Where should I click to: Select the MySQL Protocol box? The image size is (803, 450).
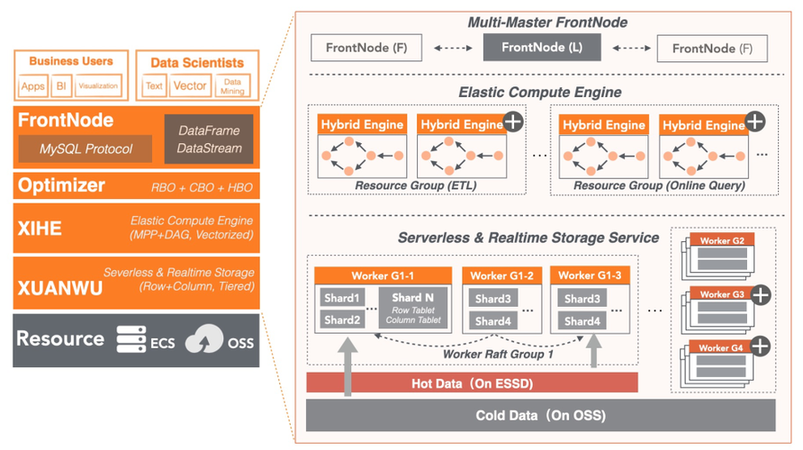pyautogui.click(x=86, y=148)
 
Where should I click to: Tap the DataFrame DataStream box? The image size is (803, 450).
pyautogui.click(x=210, y=139)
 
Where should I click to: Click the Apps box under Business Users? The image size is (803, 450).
pyautogui.click(x=33, y=86)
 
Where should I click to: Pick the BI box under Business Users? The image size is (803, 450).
pyautogui.click(x=61, y=86)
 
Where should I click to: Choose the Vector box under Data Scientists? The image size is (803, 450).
pyautogui.click(x=190, y=86)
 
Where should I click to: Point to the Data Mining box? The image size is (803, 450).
pyautogui.click(x=232, y=86)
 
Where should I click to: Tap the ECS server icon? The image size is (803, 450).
pyautogui.click(x=131, y=340)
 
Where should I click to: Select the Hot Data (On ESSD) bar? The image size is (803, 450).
pyautogui.click(x=473, y=383)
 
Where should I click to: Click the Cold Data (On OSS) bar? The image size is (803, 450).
pyautogui.click(x=540, y=416)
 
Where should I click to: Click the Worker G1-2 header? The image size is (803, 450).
pyautogui.click(x=501, y=275)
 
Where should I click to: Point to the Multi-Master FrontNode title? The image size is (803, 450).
pyautogui.click(x=547, y=22)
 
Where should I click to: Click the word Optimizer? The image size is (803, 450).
pyautogui.click(x=60, y=185)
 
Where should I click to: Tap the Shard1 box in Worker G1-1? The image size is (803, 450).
pyautogui.click(x=342, y=299)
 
